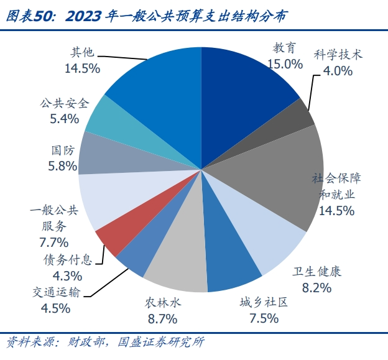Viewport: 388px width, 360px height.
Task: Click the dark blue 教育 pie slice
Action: click(x=242, y=87)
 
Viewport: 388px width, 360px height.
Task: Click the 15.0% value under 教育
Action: click(x=284, y=63)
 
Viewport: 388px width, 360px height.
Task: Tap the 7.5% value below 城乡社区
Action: click(x=258, y=318)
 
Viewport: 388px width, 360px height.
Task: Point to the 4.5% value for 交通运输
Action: click(x=55, y=308)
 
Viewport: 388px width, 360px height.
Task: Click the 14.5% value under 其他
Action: click(x=82, y=68)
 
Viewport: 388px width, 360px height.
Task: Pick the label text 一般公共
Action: click(x=54, y=210)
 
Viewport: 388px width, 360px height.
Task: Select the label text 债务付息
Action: click(x=67, y=259)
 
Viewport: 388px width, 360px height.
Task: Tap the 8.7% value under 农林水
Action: click(x=162, y=318)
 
